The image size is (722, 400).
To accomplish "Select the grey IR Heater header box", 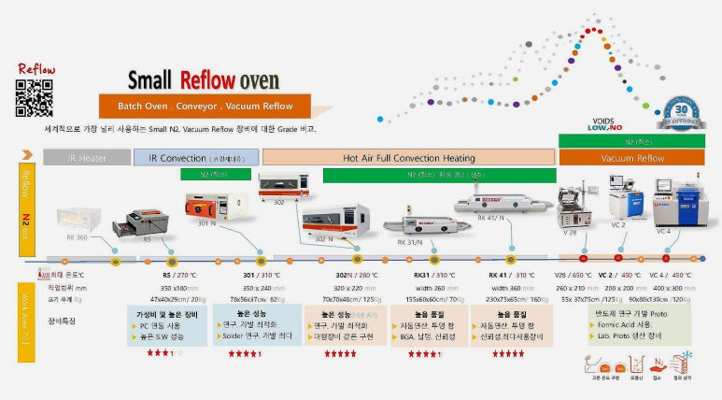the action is (x=87, y=158).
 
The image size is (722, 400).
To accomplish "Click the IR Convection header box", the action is (x=196, y=158).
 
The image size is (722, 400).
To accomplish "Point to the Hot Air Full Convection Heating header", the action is (x=409, y=158).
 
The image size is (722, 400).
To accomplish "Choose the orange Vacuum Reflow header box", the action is (x=631, y=158).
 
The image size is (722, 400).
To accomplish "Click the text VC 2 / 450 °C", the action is (x=619, y=276).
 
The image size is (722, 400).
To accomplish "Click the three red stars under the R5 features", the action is (x=158, y=354).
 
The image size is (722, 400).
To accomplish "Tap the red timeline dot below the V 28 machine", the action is (x=584, y=257).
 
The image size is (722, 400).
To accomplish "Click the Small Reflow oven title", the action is (x=203, y=79).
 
